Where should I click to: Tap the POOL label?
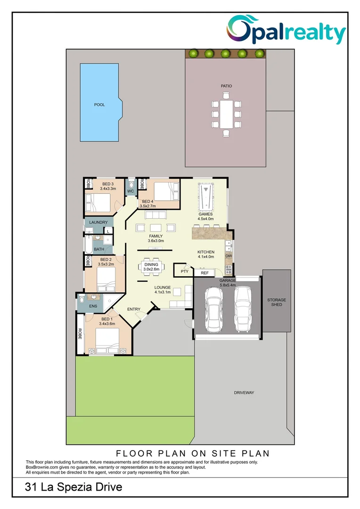coord(99,105)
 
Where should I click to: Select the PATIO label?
coord(226,86)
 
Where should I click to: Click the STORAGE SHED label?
coord(277,302)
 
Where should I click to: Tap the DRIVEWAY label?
coord(244,393)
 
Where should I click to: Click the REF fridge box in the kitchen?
coord(205,273)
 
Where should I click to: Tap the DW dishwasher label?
coord(229,256)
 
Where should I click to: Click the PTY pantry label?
coord(184,271)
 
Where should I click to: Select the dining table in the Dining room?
coord(151,267)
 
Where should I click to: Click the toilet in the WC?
coord(131,183)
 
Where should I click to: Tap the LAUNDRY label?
coord(98,222)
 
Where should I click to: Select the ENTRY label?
coord(134,309)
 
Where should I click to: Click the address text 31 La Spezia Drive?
coord(74,487)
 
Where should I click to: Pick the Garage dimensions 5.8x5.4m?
coord(228,285)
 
